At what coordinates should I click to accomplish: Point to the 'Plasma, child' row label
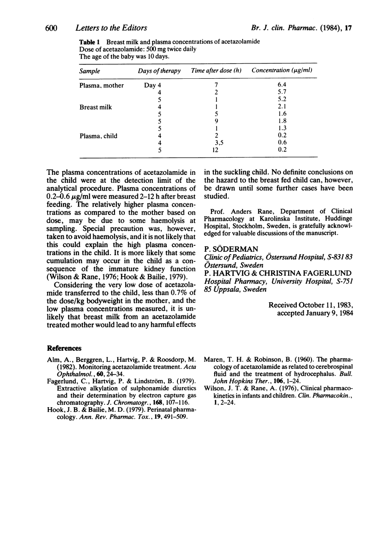point(96,136)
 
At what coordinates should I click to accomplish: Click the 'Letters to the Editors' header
point(101,29)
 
